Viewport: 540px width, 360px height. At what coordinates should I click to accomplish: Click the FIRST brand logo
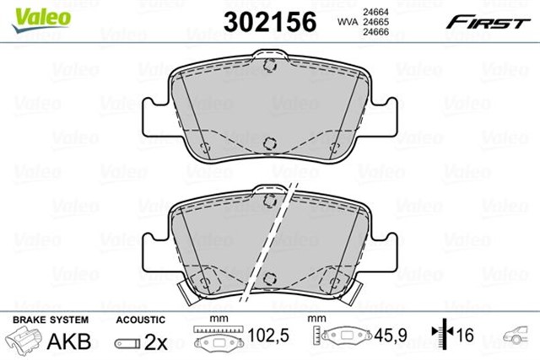[494, 20]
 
